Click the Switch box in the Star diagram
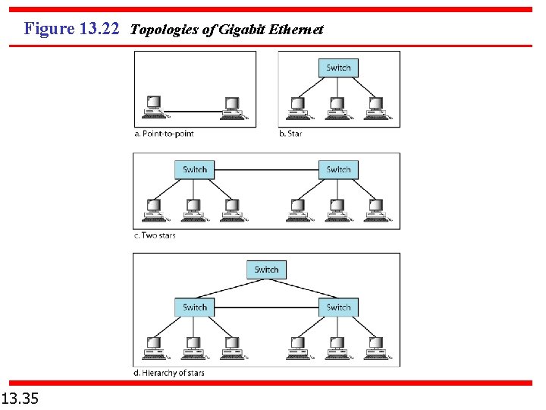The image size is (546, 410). click(x=338, y=68)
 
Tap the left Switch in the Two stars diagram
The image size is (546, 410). click(x=195, y=169)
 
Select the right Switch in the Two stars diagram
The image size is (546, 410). click(x=338, y=169)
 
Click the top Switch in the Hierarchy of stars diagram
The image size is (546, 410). click(x=266, y=270)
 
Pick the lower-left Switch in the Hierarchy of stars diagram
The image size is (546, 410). click(x=195, y=307)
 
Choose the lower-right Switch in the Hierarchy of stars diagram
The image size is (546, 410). click(x=338, y=307)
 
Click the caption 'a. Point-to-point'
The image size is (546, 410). click(x=164, y=134)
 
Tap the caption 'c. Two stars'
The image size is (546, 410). click(x=155, y=235)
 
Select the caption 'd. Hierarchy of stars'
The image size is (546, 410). click(x=169, y=373)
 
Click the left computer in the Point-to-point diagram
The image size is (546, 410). click(x=154, y=107)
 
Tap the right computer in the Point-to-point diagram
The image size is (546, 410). click(x=231, y=107)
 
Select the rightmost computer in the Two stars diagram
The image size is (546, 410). click(x=375, y=208)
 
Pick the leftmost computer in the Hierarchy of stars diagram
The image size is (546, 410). click(x=154, y=346)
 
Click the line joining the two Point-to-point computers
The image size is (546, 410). click(x=193, y=112)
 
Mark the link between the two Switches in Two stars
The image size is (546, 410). click(x=266, y=169)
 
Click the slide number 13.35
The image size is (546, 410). click(x=20, y=397)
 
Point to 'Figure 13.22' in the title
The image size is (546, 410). click(x=71, y=30)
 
